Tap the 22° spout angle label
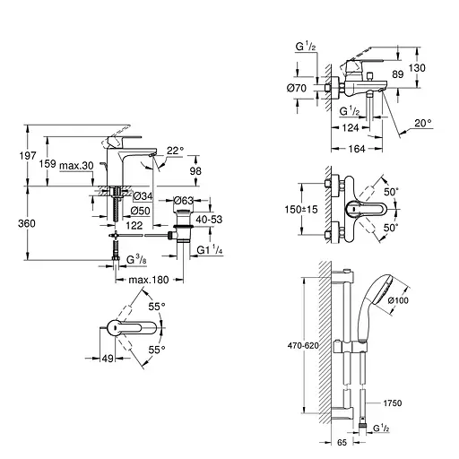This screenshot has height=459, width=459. click(x=175, y=151)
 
